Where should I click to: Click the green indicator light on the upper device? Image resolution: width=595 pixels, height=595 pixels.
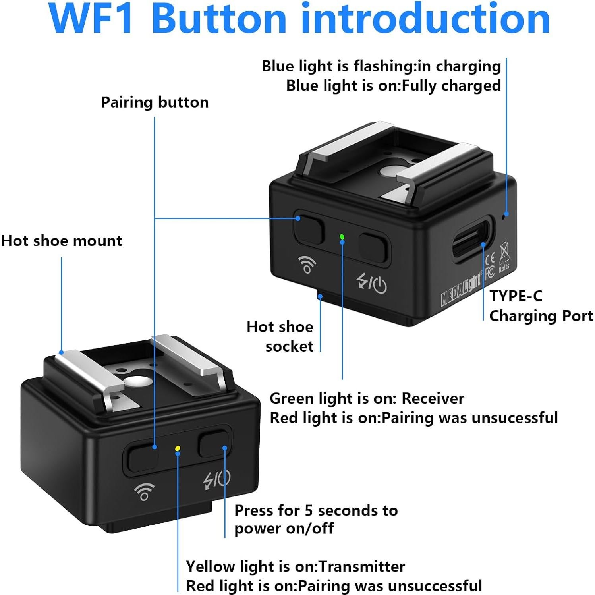click(342, 237)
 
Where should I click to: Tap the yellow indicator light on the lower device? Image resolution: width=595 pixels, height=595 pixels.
click(178, 448)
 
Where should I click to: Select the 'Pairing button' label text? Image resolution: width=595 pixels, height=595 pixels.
click(155, 102)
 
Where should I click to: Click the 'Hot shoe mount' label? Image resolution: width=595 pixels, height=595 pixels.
click(62, 241)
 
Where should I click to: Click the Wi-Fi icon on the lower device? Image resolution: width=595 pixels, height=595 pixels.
click(144, 492)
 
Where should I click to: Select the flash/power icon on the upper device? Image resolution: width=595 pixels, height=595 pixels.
click(372, 283)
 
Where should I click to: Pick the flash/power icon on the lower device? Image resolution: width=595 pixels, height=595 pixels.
click(216, 479)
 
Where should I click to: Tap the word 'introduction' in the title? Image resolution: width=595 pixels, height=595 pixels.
click(425, 18)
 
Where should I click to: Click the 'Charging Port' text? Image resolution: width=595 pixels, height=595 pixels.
click(541, 316)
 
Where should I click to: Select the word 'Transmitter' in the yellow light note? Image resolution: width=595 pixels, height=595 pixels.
click(361, 566)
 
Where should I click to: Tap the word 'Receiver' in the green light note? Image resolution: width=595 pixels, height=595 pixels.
click(433, 398)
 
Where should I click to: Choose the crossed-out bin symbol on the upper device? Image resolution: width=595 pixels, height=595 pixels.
click(504, 249)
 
